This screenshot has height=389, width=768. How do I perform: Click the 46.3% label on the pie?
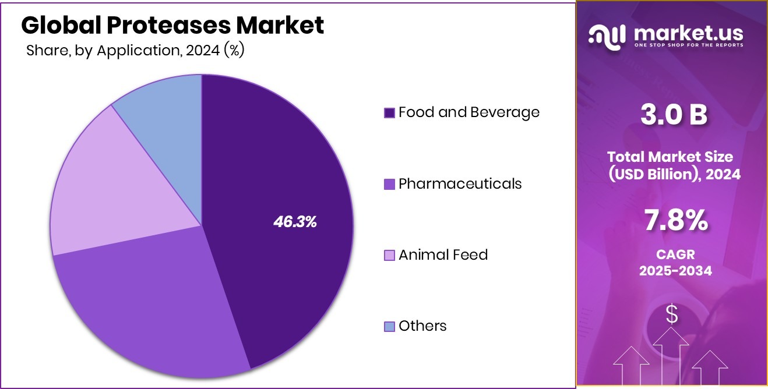[x=295, y=221]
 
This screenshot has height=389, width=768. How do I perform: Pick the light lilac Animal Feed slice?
[x=105, y=186]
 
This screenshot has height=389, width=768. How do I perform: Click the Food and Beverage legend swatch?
[x=389, y=113]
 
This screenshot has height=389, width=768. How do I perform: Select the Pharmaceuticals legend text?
[x=460, y=184]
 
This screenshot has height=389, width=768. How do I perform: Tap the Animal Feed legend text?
[x=443, y=255]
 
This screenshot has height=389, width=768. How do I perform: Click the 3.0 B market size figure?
[x=673, y=115]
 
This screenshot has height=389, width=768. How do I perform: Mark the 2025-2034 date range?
[x=675, y=271]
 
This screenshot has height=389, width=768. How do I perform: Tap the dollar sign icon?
[x=672, y=314]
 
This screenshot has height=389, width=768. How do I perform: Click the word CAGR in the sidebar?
[x=675, y=255]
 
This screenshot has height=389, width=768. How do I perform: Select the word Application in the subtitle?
[x=138, y=51]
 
